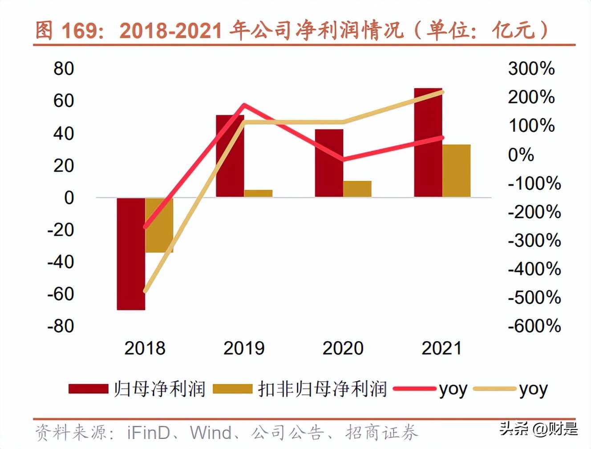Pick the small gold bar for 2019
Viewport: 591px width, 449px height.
[258, 193]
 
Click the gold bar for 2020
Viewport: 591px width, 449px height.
[357, 189]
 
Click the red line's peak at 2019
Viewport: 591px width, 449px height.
[244, 106]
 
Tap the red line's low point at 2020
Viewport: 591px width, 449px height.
[343, 159]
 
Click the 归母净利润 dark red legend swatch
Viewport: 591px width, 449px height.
[88, 389]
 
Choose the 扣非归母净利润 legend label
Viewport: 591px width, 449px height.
[322, 389]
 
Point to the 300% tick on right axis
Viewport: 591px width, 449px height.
[531, 69]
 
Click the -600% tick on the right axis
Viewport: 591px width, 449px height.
[534, 326]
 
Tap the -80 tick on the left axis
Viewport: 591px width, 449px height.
[61, 326]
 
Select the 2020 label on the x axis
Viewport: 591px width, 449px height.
[343, 348]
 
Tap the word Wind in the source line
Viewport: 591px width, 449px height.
[210, 433]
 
